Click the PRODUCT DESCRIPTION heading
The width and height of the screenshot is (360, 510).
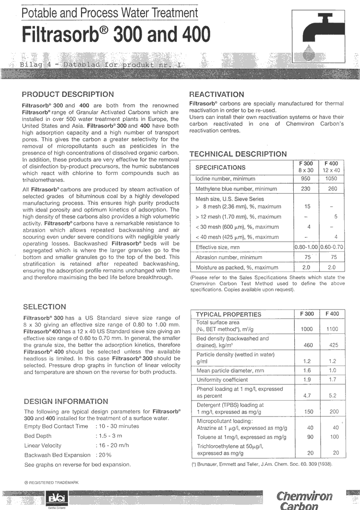tap(68, 94)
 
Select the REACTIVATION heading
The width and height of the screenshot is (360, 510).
tap(217, 95)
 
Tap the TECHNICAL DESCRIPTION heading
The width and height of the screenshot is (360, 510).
tap(238, 154)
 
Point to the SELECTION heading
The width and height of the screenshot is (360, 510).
tap(45, 307)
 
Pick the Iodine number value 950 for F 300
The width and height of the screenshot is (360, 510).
tap(306, 178)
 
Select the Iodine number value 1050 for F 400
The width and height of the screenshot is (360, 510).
tap(332, 178)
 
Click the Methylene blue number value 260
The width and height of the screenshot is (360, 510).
tap(332, 189)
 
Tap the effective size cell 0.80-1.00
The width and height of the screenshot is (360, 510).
tap(306, 247)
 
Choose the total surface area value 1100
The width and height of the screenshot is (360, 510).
tap(332, 329)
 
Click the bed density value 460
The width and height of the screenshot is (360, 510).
tap(307, 345)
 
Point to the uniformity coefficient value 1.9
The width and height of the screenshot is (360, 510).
tap(307, 380)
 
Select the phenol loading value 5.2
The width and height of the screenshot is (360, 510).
tap(332, 396)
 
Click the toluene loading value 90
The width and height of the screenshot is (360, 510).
tap(310, 437)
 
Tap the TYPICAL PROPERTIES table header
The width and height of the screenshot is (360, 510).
tap(228, 314)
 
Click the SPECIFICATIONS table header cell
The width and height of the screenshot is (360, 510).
tap(220, 167)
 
